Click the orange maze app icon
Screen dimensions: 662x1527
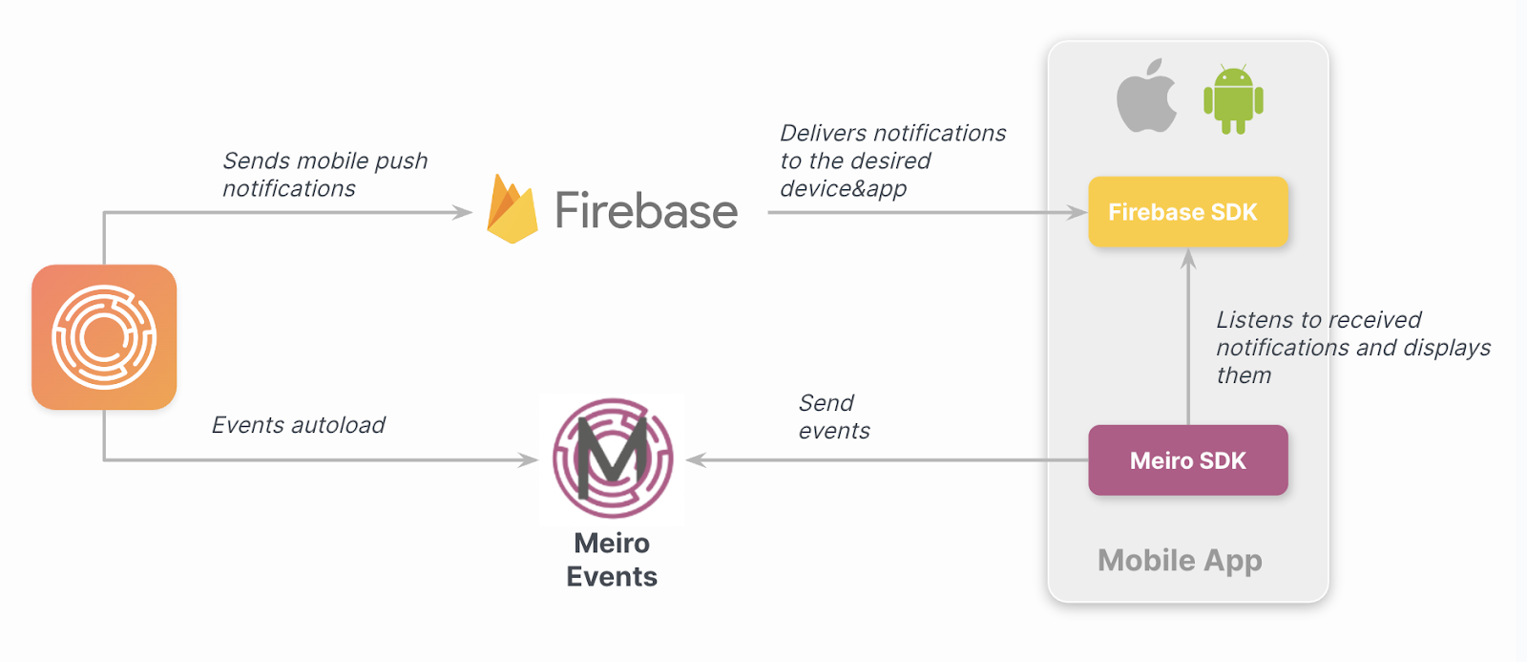click(x=104, y=337)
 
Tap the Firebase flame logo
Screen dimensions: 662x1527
click(x=512, y=210)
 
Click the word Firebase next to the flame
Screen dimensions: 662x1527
click(x=646, y=211)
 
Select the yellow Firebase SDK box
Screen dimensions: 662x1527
click(x=1188, y=212)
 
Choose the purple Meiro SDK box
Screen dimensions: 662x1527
click(x=1188, y=460)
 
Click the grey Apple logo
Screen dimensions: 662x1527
click(x=1146, y=97)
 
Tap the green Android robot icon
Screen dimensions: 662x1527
click(x=1233, y=99)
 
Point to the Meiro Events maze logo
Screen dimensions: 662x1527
click(x=613, y=459)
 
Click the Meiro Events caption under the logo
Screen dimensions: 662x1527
click(x=612, y=560)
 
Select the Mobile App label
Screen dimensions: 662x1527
click(x=1180, y=560)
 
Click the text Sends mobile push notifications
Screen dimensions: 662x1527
click(x=324, y=174)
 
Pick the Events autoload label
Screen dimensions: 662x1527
click(x=298, y=425)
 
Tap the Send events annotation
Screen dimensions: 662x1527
click(x=833, y=416)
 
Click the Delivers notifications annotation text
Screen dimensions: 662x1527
click(x=892, y=160)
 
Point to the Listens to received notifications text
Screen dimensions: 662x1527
click(x=1352, y=347)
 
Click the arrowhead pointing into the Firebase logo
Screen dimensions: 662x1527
click(x=464, y=212)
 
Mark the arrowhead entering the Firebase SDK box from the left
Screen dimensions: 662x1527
click(x=1078, y=212)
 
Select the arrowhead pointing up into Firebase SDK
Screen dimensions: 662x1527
click(x=1188, y=258)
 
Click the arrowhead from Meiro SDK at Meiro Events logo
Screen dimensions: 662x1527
click(x=696, y=460)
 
